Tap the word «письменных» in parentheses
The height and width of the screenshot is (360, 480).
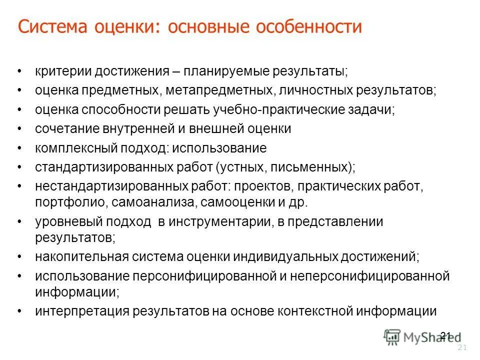point(320,166)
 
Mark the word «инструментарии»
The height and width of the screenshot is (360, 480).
point(217,221)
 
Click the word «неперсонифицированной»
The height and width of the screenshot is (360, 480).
point(370,275)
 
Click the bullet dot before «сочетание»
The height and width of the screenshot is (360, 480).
point(19,129)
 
